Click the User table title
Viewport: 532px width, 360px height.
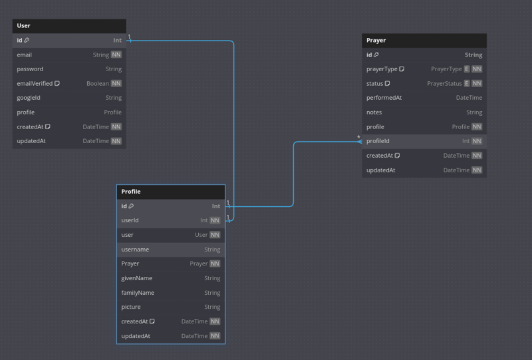23,26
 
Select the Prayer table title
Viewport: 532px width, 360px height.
376,41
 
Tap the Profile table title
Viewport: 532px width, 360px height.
131,192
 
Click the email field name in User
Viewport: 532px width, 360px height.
25,55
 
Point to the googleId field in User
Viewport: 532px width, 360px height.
29,98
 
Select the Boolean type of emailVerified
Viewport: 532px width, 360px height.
98,84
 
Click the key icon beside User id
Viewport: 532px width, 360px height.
27,40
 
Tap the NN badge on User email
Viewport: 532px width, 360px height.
116,55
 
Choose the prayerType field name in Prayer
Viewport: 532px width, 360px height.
382,69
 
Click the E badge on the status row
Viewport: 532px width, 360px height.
467,84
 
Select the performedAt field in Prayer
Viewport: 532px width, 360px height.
384,98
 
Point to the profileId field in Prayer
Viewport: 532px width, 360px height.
378,141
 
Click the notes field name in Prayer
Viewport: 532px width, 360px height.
374,112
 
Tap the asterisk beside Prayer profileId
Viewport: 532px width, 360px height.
358,137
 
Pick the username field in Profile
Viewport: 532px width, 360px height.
135,250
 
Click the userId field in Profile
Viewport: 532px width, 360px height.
130,220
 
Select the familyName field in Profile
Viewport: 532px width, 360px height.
138,293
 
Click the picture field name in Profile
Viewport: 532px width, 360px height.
131,307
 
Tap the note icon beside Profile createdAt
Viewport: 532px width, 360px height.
152,321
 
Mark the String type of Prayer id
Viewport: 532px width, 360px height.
473,55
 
